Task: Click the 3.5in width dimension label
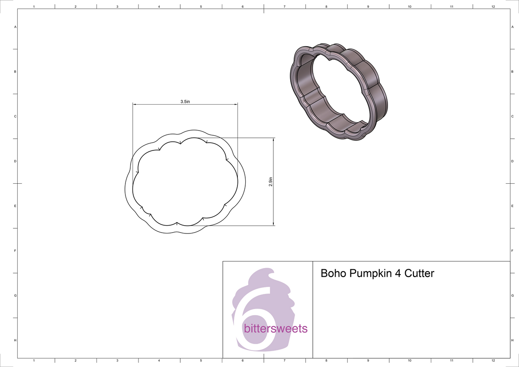[186, 101]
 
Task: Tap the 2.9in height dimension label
[271, 182]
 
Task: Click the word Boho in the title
[333, 274]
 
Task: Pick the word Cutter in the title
[419, 274]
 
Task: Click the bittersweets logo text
[276, 329]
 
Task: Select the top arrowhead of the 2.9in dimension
[273, 140]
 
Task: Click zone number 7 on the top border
[284, 7]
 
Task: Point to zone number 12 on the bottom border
[493, 360]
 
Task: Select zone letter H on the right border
[512, 341]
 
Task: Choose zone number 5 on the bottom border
[201, 360]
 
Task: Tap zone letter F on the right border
[512, 251]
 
